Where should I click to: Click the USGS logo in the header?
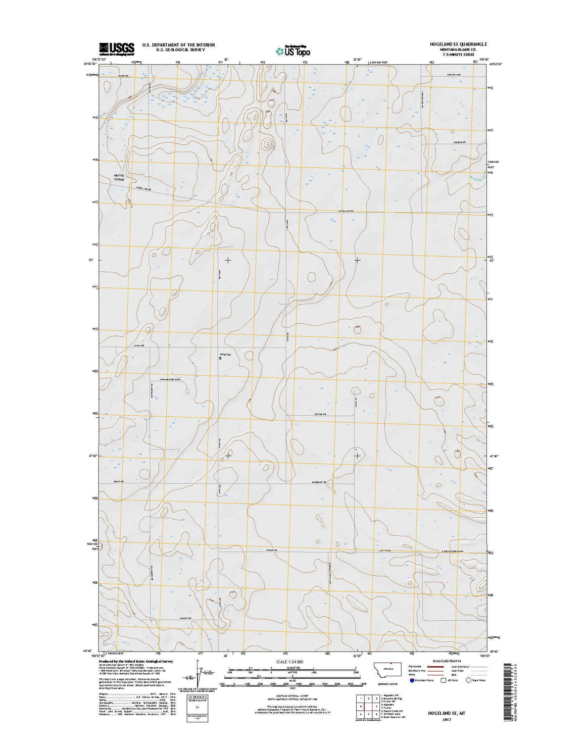pyautogui.click(x=117, y=48)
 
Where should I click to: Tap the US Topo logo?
pyautogui.click(x=292, y=50)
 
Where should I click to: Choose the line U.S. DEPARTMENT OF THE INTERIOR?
pyautogui.click(x=178, y=45)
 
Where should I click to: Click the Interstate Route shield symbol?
pyautogui.click(x=412, y=680)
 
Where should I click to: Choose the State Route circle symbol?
pyautogui.click(x=468, y=680)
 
